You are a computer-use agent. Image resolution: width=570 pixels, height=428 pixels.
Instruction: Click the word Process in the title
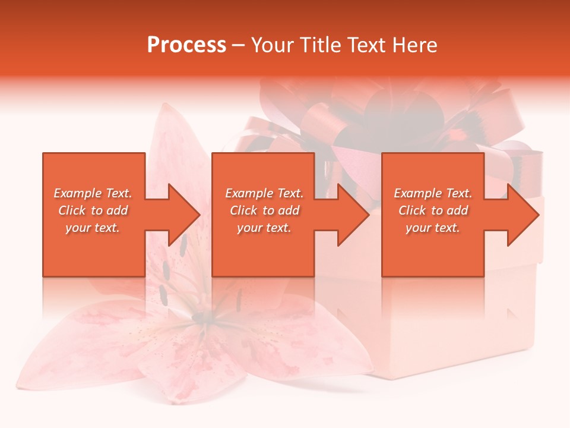pos(186,45)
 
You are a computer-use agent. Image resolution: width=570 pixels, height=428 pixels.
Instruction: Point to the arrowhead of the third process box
pos(522,215)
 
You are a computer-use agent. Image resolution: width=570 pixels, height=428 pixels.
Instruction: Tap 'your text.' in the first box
pos(93,228)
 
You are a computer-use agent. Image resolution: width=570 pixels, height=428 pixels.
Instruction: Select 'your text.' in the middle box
pos(264,228)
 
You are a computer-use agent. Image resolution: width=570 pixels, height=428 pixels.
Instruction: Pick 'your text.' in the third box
pos(433,228)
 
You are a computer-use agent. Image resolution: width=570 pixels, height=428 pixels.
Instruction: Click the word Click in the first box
pos(72,210)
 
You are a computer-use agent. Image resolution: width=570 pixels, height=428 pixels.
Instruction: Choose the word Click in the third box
pos(412,210)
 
